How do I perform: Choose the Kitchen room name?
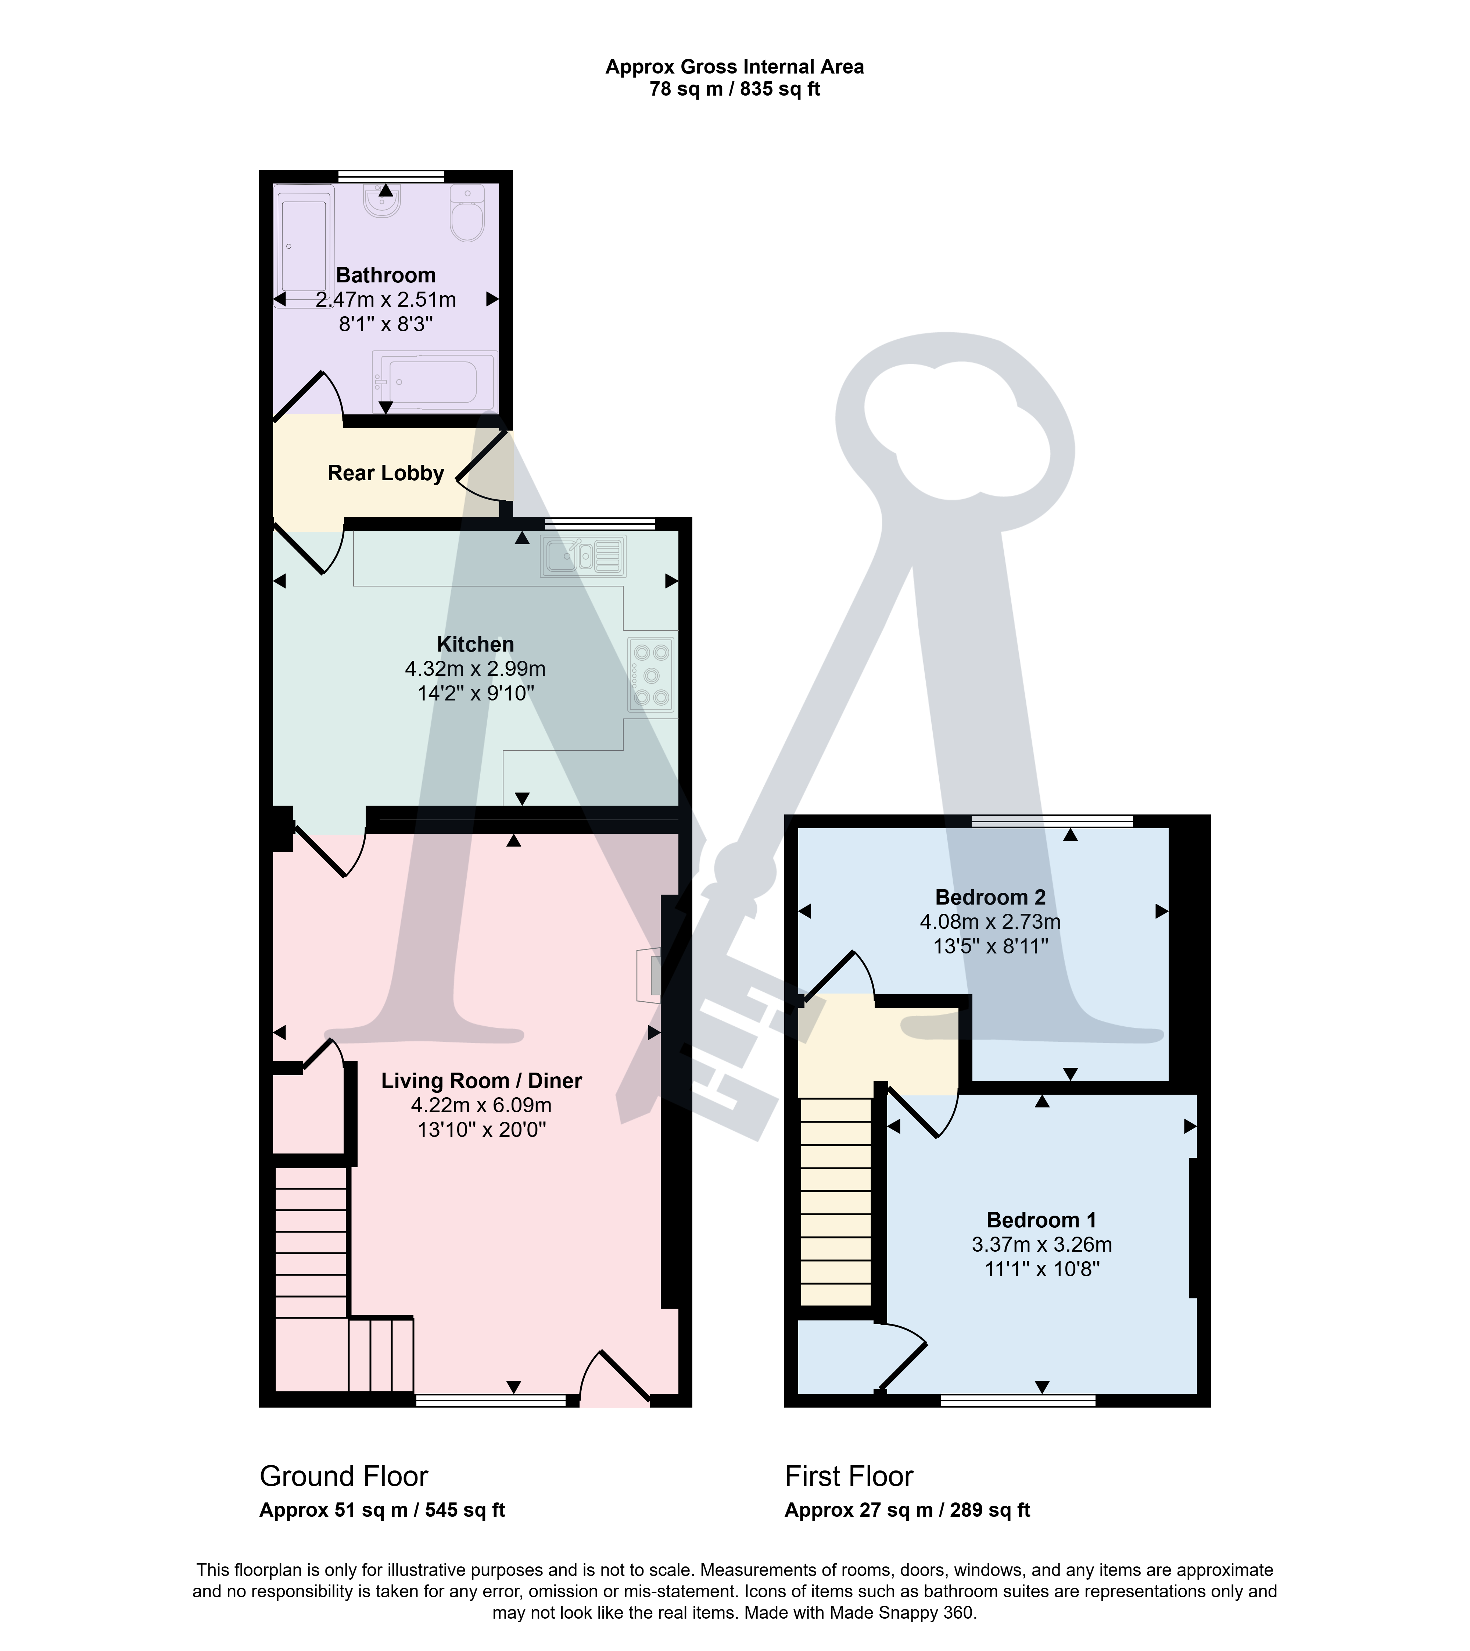pyautogui.click(x=475, y=644)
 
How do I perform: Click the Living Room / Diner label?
pyautogui.click(x=481, y=1080)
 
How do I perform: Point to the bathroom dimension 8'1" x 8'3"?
pyautogui.click(x=386, y=324)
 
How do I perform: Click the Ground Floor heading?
pyautogui.click(x=343, y=1476)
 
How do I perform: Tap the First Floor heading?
pyautogui.click(x=849, y=1476)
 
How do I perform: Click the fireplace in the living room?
pyautogui.click(x=649, y=976)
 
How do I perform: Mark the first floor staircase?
pyautogui.click(x=835, y=1202)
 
